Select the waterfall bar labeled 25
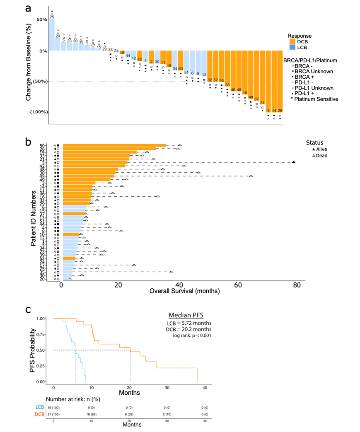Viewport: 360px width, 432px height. [x=52, y=35]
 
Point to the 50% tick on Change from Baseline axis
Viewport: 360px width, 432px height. [x=41, y=20]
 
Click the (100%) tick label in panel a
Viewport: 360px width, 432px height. [x=38, y=112]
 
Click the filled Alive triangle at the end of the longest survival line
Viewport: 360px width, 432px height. [x=293, y=162]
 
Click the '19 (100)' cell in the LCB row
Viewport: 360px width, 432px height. [x=54, y=408]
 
